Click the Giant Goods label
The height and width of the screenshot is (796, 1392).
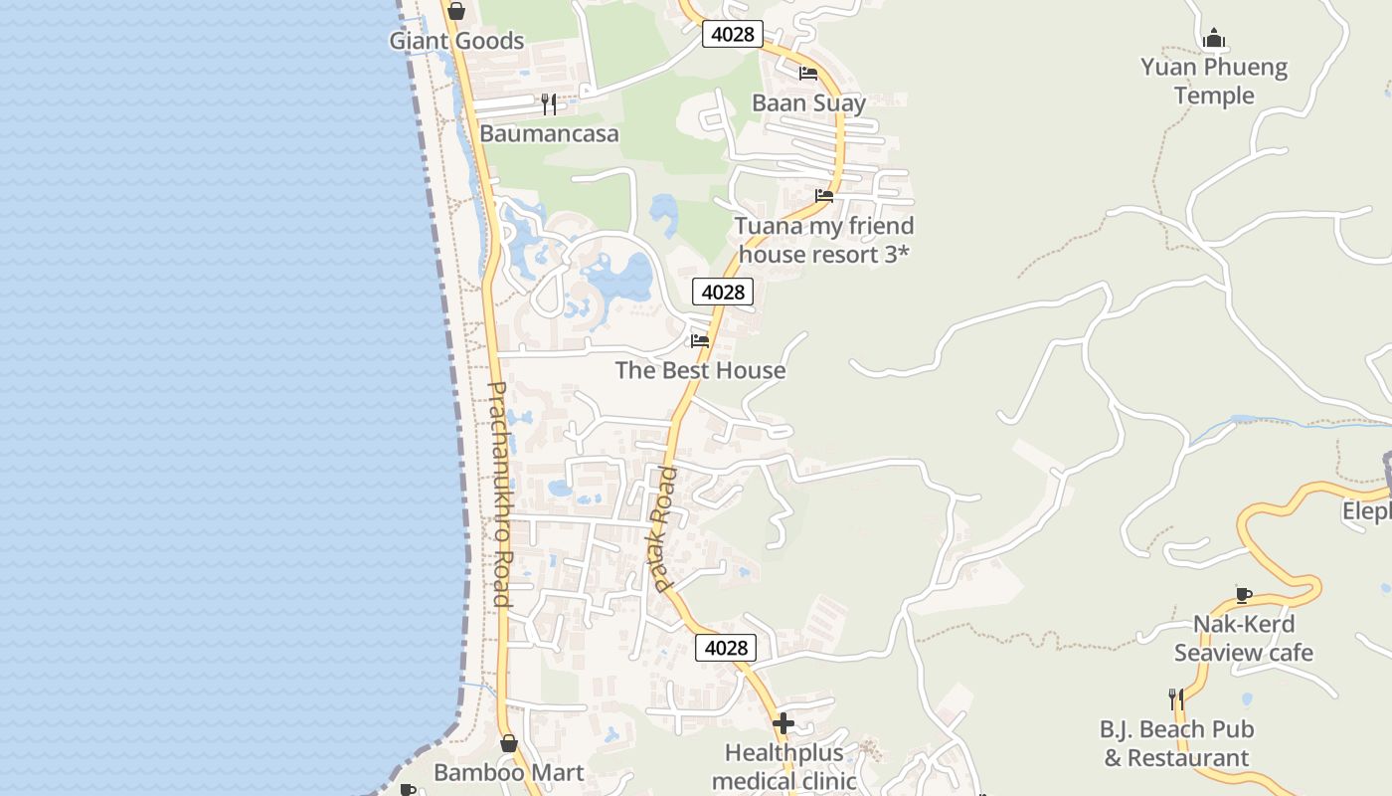pos(456,41)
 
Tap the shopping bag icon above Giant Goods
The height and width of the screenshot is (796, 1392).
pos(455,11)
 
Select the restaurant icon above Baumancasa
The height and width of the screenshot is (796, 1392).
pos(548,103)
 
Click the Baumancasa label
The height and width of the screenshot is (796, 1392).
pos(549,133)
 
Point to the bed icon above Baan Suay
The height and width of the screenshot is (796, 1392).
pos(808,74)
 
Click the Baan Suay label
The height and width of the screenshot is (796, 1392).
pos(808,102)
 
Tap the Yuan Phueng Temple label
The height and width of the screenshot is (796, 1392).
pos(1214,82)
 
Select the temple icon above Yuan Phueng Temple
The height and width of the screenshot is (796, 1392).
pos(1213,39)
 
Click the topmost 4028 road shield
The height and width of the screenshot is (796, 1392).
pos(732,34)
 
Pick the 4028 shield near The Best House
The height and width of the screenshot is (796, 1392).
pos(723,292)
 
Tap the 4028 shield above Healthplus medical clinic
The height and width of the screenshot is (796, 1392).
pos(726,648)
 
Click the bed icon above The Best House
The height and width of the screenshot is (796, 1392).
pos(700,340)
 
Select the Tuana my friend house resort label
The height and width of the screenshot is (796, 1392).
pos(823,240)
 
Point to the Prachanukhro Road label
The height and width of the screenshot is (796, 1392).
pos(499,494)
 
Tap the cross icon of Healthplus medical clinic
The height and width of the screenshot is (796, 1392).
pos(783,722)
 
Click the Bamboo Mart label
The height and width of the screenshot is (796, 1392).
pos(508,772)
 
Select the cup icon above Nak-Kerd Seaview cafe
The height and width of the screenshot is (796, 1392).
pos(1243,595)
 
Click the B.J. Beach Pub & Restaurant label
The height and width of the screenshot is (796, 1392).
pos(1176,743)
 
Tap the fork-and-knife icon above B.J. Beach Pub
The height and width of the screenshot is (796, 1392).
pos(1176,699)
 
